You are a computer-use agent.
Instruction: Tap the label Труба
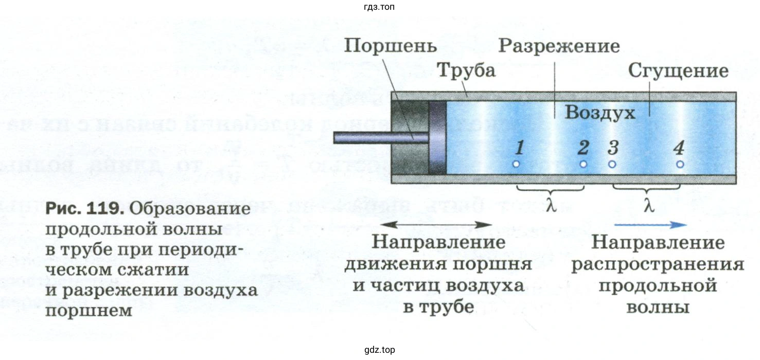pos(466,70)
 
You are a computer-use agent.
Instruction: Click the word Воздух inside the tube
pos(600,112)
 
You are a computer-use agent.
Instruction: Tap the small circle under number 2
pos(583,164)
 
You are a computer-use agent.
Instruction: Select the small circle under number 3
pos(612,164)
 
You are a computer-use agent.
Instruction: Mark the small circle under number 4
pos(680,164)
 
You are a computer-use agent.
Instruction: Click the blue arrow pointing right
pos(649,224)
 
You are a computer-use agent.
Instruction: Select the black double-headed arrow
pos(437,224)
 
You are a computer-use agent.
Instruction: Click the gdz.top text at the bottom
pos(379,350)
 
